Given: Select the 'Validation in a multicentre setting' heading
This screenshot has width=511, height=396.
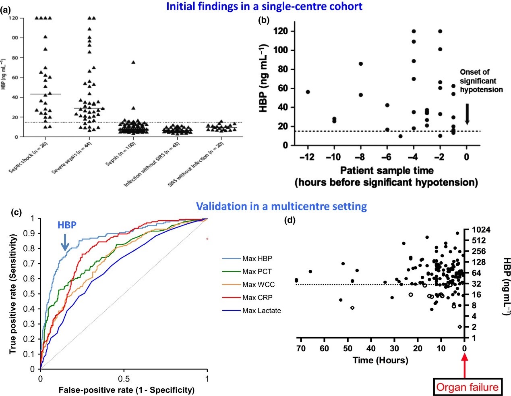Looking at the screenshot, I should [x=281, y=206].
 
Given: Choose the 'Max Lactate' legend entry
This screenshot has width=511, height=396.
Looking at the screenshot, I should [x=261, y=311].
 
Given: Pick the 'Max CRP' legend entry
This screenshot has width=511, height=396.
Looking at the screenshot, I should [x=257, y=298].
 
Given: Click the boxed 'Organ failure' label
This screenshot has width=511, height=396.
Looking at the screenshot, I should [x=468, y=388].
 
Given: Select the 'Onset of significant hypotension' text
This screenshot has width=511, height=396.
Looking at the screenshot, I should [x=481, y=81].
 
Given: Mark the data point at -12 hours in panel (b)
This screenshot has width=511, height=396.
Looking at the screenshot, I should [x=308, y=92].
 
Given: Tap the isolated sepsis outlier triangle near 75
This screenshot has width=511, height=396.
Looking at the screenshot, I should [x=133, y=62].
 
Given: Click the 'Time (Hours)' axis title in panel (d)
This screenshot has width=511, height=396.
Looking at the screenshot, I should [x=380, y=360].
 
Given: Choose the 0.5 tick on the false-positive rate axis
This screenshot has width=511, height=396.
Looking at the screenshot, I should [x=124, y=379].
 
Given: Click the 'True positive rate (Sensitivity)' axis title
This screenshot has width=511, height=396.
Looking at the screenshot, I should [x=13, y=294].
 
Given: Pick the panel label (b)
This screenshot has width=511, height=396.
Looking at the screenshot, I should [x=263, y=20].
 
